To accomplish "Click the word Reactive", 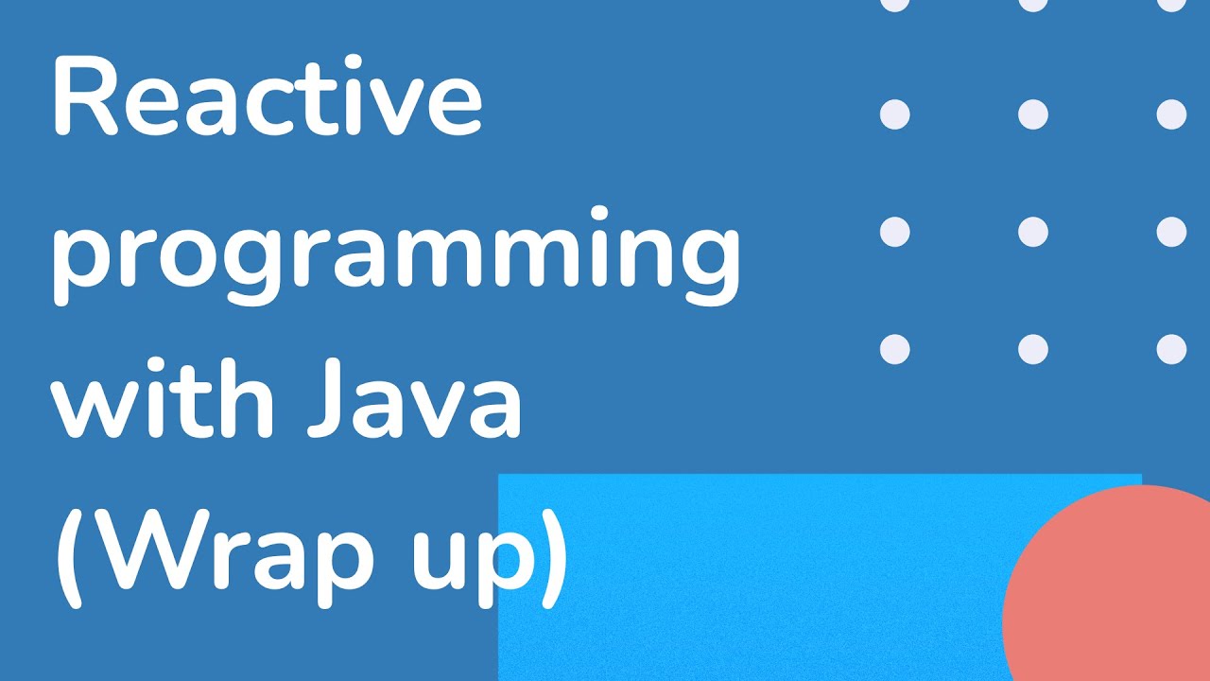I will [267, 97].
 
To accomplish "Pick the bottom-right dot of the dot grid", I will [1171, 349].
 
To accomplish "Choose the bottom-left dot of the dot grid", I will [894, 349].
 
